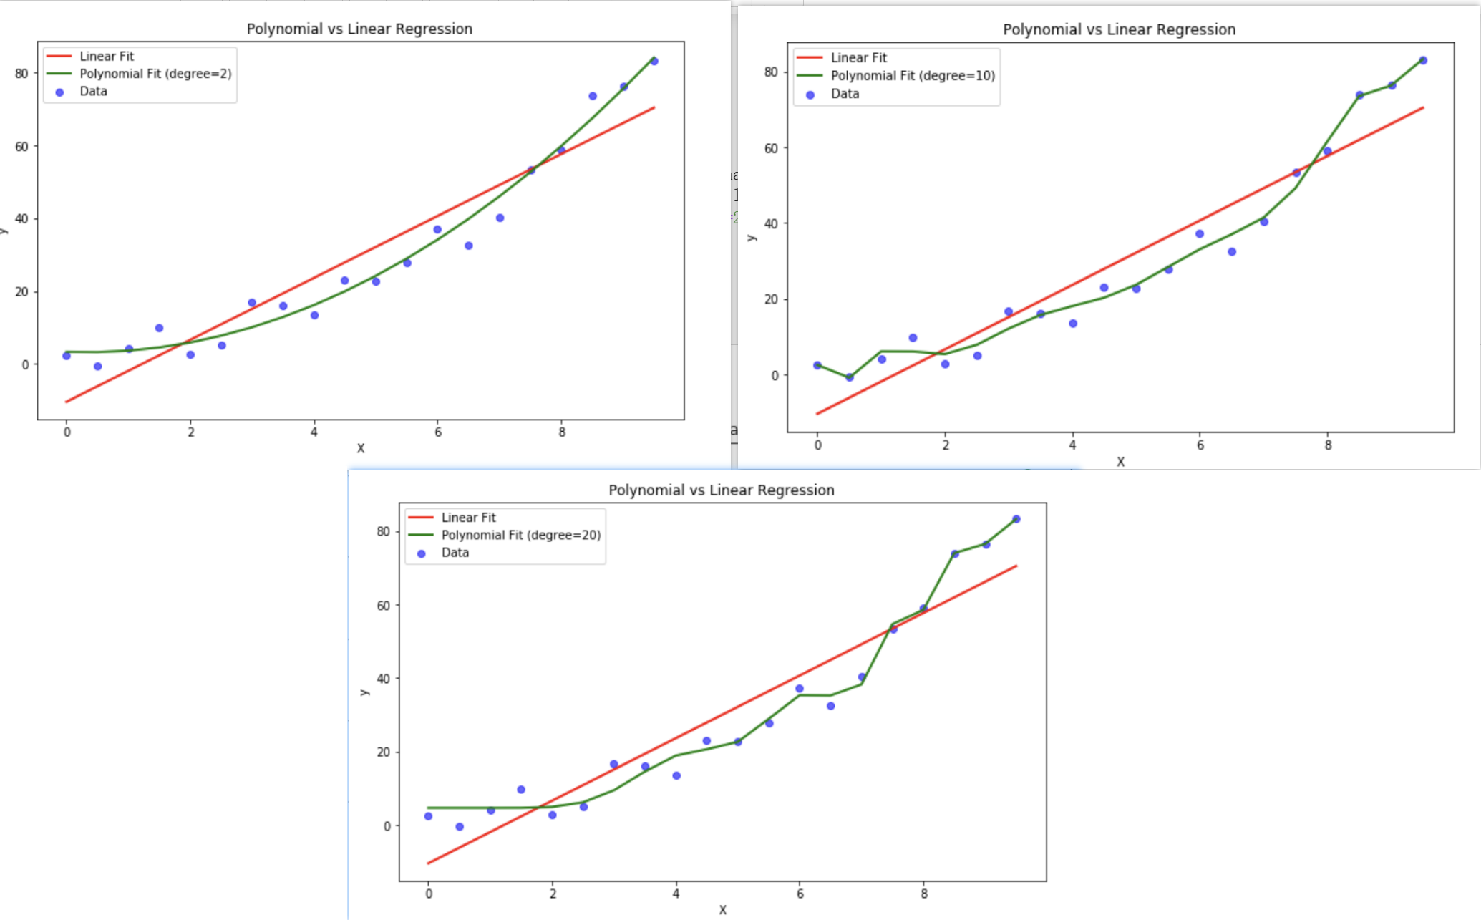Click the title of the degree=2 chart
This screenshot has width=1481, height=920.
[359, 29]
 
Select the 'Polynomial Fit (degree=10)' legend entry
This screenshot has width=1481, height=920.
[912, 76]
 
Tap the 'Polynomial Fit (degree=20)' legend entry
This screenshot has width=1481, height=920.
[520, 535]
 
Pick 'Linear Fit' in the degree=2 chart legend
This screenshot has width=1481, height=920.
[107, 56]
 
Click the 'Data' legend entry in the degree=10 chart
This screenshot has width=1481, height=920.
[844, 94]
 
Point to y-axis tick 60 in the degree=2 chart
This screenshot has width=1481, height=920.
[21, 147]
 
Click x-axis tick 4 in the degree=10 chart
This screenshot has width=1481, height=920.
[1072, 445]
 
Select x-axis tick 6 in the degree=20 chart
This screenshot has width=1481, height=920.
[800, 894]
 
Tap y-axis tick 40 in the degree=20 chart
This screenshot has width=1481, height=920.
[383, 679]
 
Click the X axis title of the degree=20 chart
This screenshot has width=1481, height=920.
[722, 910]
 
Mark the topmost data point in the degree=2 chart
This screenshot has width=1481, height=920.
[654, 62]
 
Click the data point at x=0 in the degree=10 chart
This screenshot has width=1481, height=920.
[817, 365]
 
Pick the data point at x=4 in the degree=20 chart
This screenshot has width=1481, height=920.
[676, 775]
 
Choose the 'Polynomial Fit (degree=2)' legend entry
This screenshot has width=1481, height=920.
[155, 74]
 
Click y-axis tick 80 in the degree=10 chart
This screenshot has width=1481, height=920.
[770, 72]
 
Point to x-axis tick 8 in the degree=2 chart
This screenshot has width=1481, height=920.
[562, 432]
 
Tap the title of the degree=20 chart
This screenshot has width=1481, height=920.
[722, 490]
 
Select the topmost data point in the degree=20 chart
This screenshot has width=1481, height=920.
[1016, 519]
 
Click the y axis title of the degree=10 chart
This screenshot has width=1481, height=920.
[751, 237]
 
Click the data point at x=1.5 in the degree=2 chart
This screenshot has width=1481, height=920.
[160, 328]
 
